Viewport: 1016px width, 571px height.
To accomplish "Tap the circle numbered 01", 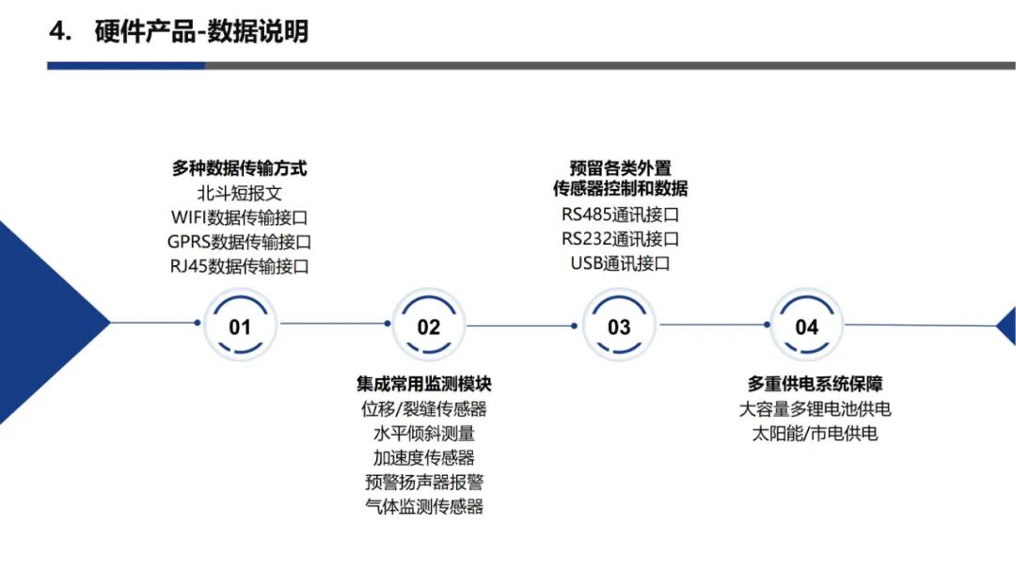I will [240, 325].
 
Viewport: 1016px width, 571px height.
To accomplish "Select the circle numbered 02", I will [429, 325].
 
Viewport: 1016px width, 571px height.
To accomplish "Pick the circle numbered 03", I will [619, 325].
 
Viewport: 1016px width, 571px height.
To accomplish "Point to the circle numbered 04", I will [807, 325].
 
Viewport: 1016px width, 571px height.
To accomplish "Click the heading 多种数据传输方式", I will [239, 169].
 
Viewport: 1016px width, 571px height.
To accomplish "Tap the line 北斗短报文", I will [239, 194].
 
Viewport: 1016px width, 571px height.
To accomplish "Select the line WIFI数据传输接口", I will [239, 217].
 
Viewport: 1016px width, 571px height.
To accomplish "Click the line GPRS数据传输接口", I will [239, 242].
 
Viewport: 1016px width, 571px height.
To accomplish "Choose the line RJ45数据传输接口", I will [239, 266].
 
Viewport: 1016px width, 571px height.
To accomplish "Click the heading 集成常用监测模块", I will [423, 384].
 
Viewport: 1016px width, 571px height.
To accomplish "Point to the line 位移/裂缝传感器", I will [423, 408].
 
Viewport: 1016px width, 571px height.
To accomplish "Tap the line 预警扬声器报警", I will [423, 482].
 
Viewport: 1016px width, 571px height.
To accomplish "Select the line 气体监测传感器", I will [423, 506].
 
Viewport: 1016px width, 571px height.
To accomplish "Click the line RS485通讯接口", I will [620, 214].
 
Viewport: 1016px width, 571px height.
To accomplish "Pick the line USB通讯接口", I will [620, 263].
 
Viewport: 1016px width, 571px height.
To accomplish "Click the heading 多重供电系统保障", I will [815, 384].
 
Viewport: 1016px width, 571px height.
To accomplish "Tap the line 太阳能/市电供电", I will [815, 434].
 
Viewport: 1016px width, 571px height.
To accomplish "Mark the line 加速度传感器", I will [423, 457].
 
